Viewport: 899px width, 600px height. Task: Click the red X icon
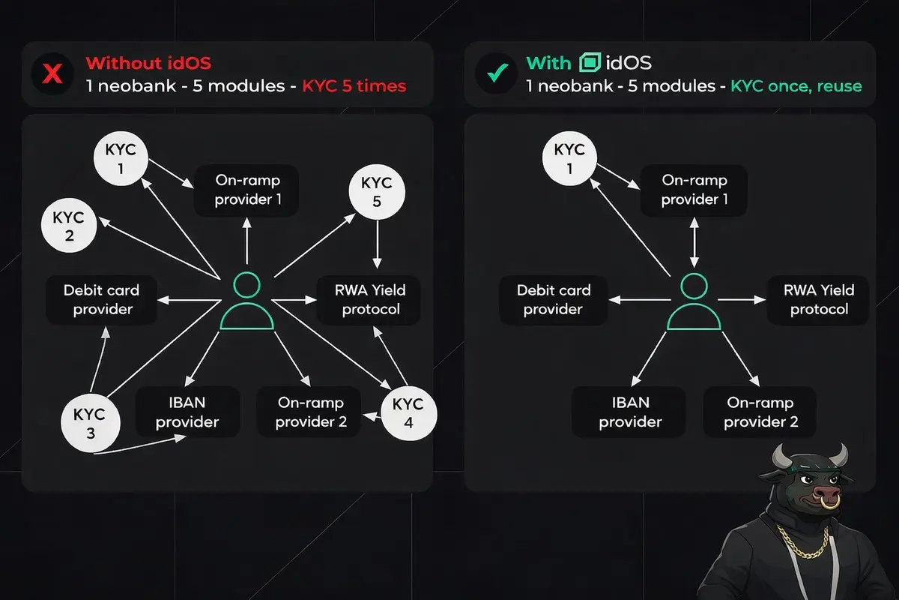(x=52, y=74)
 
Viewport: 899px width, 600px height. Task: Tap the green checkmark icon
(x=497, y=73)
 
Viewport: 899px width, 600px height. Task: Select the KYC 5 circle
(x=377, y=192)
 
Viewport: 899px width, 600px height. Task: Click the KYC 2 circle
(x=69, y=225)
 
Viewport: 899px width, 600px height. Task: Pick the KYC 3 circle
(x=91, y=423)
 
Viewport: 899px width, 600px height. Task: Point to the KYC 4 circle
(x=408, y=413)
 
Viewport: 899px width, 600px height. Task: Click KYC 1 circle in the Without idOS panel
(x=121, y=158)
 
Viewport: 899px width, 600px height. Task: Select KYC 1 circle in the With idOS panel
(x=569, y=158)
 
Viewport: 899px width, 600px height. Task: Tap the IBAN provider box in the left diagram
(x=188, y=412)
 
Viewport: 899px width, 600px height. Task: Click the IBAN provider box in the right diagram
(x=630, y=412)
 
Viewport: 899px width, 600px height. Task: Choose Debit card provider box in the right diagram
(x=554, y=300)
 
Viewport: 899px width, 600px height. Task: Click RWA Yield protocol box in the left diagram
(x=369, y=300)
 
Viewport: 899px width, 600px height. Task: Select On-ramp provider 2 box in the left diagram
(x=310, y=412)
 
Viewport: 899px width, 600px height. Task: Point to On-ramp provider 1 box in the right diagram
(x=694, y=190)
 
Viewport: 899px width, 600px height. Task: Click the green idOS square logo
(x=590, y=62)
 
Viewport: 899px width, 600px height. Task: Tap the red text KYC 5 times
(x=354, y=86)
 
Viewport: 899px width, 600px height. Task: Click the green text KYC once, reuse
(x=796, y=86)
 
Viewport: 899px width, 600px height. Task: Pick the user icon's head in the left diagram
(x=246, y=285)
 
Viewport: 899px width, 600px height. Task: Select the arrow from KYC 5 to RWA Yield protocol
(x=377, y=244)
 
